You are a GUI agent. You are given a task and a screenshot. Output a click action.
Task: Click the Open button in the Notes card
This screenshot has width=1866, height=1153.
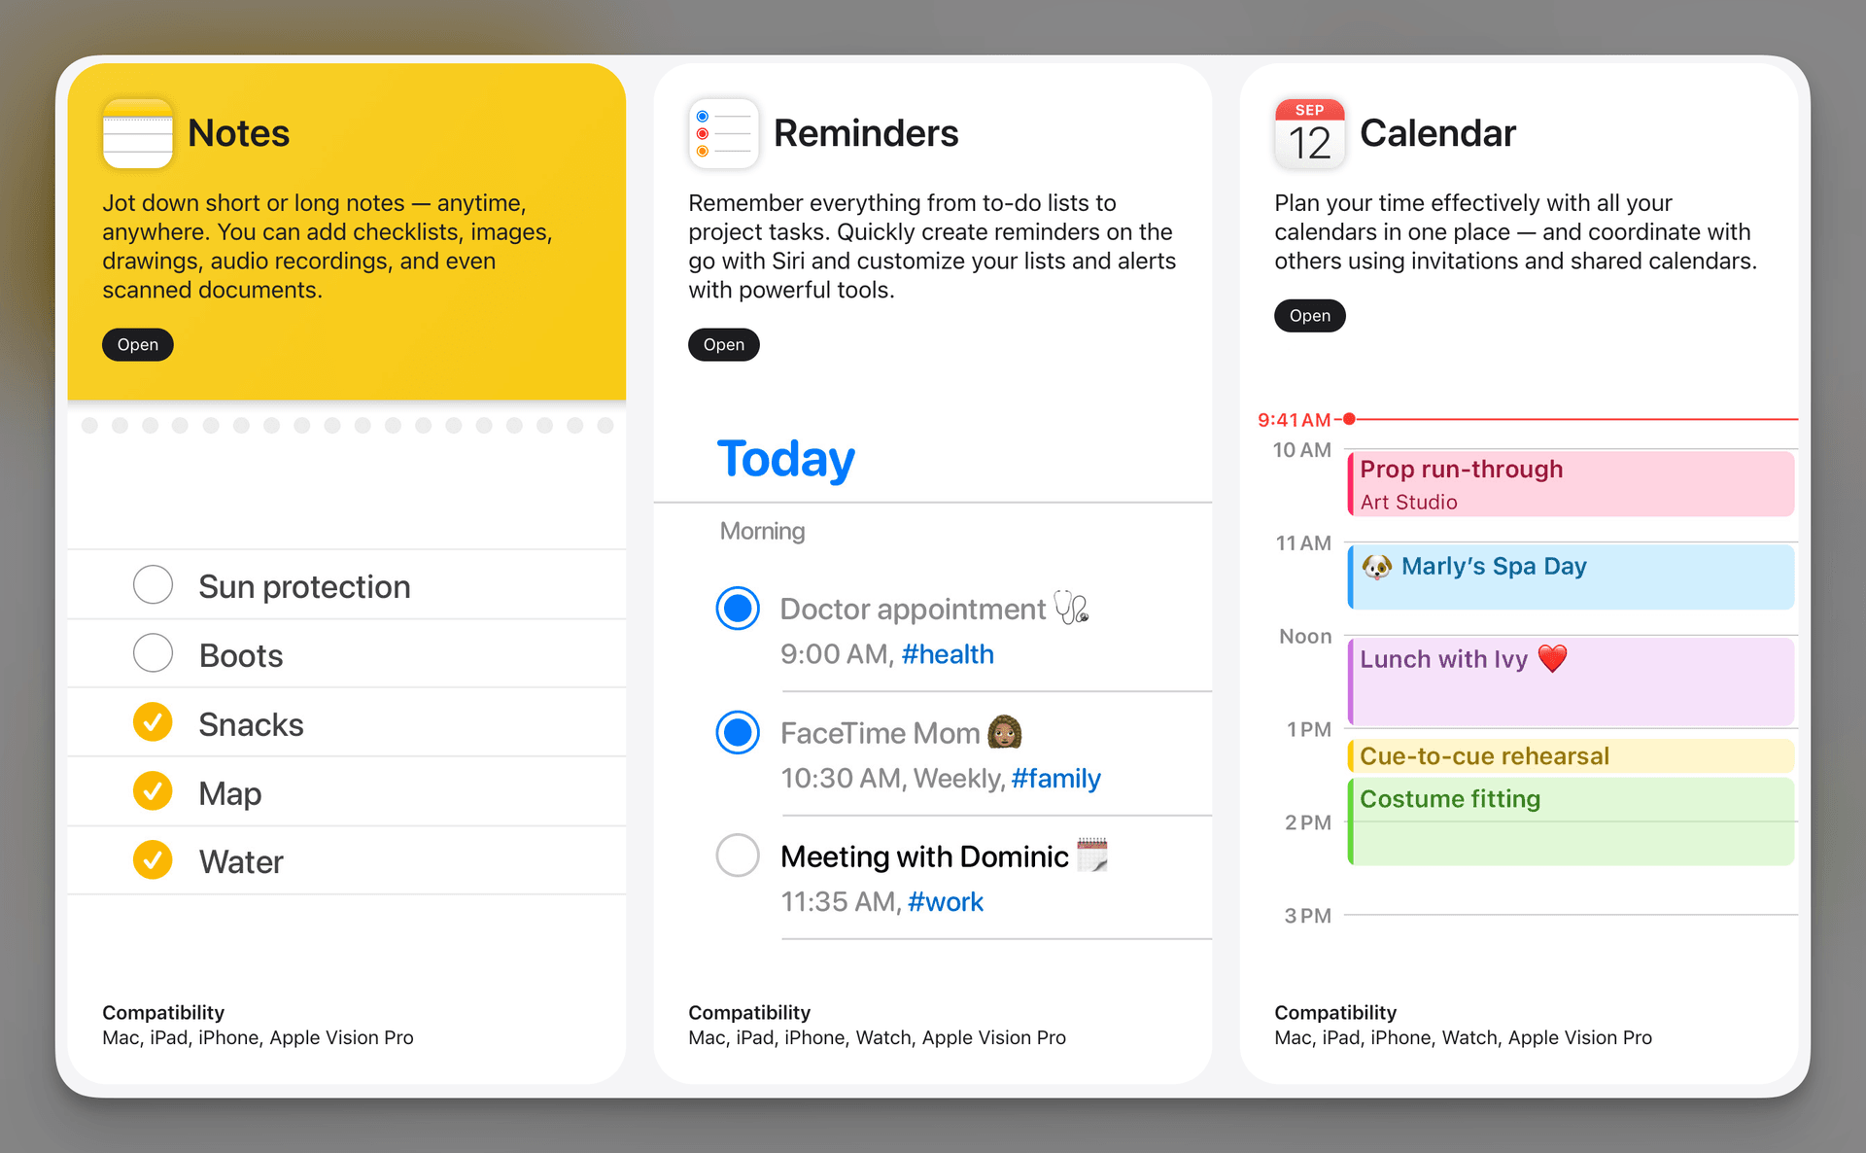tap(137, 345)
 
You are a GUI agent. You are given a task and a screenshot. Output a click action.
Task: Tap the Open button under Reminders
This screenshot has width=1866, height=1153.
tap(723, 345)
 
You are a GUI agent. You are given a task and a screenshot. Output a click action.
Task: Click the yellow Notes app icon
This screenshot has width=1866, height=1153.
tap(137, 133)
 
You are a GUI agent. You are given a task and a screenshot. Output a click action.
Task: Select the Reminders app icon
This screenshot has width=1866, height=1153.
tap(723, 133)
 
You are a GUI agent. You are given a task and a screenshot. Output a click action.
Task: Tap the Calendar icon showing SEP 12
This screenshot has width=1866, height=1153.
tap(1309, 133)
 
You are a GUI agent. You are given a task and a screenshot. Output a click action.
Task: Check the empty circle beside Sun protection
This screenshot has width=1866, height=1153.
tap(153, 585)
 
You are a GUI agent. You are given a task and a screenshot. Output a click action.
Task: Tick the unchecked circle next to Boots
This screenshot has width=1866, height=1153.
tap(153, 654)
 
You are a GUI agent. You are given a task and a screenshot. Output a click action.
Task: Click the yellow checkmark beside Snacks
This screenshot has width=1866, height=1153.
tap(153, 722)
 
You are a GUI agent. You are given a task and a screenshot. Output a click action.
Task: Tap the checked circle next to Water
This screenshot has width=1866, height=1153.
tap(153, 860)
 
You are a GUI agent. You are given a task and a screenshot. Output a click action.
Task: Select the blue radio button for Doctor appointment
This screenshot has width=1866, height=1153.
tap(738, 609)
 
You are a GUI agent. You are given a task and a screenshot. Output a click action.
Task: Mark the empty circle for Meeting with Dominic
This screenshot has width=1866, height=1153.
tap(738, 856)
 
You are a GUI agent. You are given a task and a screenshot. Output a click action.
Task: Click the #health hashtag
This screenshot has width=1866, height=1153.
tap(948, 654)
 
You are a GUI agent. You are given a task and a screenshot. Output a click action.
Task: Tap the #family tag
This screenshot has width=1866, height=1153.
tap(1055, 779)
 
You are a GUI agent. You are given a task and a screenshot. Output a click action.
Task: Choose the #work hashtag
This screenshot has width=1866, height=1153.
tap(945, 902)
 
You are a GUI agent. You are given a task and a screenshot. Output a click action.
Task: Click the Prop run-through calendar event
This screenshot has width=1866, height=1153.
tap(1570, 483)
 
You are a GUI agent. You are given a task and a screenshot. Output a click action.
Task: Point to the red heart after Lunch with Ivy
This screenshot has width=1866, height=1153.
tap(1552, 658)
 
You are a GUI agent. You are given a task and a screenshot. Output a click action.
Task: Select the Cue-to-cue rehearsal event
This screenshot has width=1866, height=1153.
tap(1570, 756)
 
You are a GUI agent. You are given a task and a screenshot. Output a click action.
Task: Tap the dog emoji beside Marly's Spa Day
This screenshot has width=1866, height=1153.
tap(1376, 567)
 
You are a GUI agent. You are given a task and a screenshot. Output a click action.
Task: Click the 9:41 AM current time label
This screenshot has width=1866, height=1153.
tap(1294, 420)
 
